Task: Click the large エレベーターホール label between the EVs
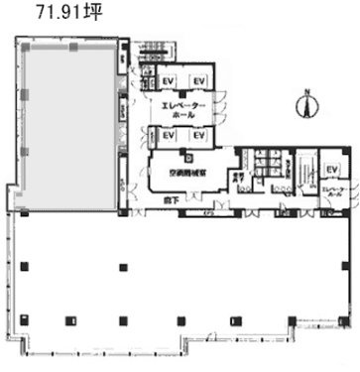184,109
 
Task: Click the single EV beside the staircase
332,171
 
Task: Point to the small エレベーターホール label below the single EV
332,191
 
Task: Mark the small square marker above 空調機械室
185,156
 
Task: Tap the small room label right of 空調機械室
238,179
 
